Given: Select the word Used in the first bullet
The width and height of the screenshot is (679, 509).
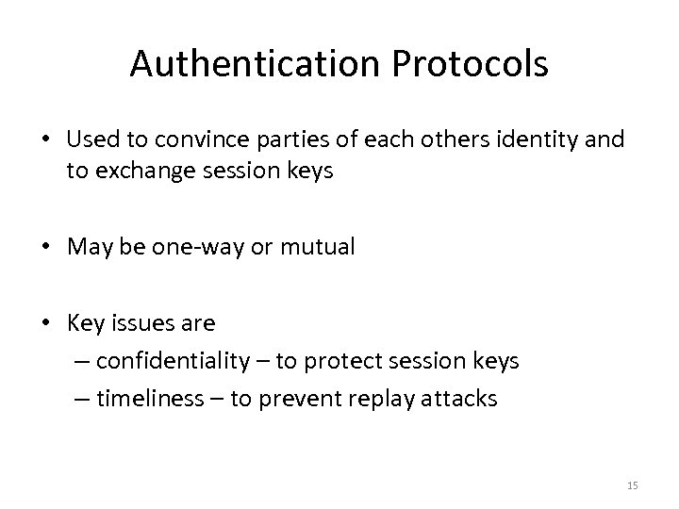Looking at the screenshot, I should (x=90, y=140).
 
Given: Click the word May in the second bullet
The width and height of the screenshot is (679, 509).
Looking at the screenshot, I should (x=88, y=247).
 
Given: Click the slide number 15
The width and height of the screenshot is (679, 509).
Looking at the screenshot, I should (x=632, y=484).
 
